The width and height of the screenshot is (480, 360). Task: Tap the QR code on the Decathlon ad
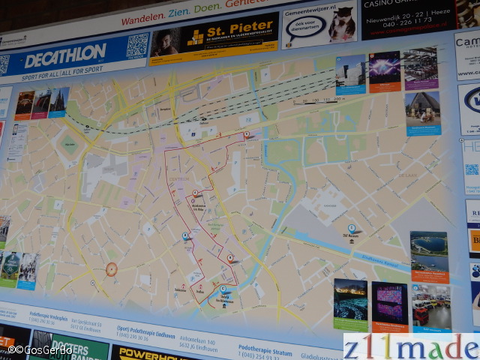tap(137, 46)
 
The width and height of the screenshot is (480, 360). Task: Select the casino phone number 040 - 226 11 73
tap(411, 22)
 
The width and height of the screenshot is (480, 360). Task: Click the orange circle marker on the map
tap(111, 269)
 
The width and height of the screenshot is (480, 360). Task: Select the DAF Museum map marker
tap(351, 229)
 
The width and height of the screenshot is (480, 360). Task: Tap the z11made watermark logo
tap(410, 346)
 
